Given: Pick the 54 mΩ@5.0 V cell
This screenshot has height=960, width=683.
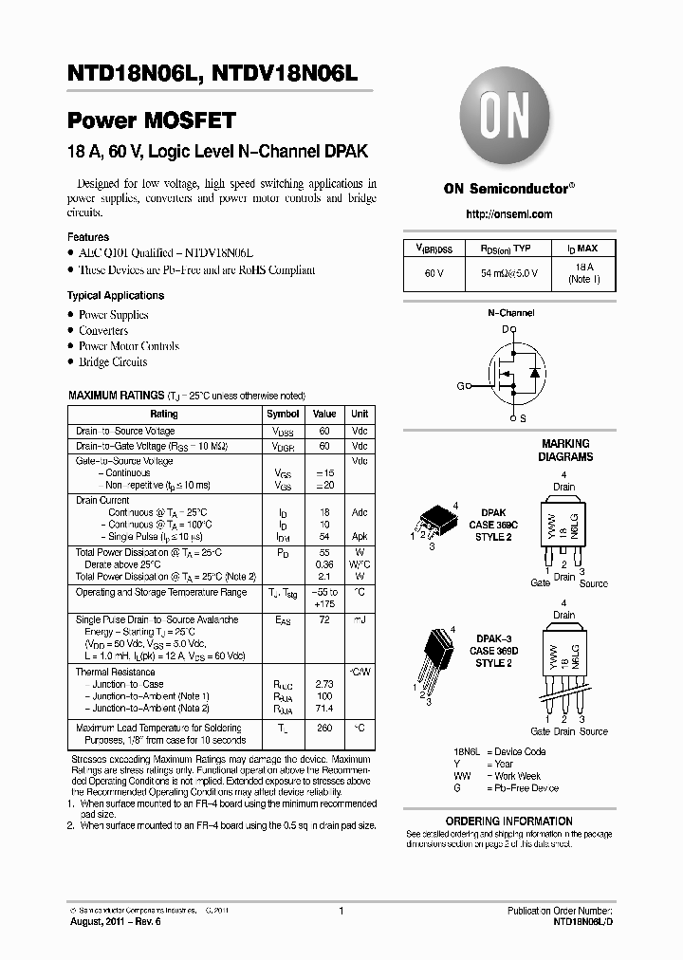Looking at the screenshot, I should pyautogui.click(x=508, y=273).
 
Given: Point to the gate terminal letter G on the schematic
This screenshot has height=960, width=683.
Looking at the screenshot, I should pyautogui.click(x=460, y=387).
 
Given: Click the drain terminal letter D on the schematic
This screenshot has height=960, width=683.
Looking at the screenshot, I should pyautogui.click(x=506, y=328).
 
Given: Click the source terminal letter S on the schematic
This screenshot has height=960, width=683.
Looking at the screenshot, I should pyautogui.click(x=524, y=418).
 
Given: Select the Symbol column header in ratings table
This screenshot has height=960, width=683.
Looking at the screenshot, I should pyautogui.click(x=283, y=415).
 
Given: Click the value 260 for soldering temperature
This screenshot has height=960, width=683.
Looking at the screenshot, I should pyautogui.click(x=324, y=729).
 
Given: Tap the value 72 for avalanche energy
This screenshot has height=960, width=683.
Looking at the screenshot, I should pyautogui.click(x=324, y=619).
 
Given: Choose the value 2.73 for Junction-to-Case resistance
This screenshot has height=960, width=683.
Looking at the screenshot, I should pyautogui.click(x=324, y=684).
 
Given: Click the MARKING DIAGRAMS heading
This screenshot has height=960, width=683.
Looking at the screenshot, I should pyautogui.click(x=565, y=450).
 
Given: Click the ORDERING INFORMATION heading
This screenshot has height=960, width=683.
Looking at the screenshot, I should pyautogui.click(x=508, y=822).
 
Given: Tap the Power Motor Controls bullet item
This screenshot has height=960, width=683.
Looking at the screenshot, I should pyautogui.click(x=129, y=346).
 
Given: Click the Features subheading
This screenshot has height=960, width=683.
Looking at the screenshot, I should pyautogui.click(x=88, y=237).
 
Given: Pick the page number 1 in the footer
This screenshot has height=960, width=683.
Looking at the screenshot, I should pyautogui.click(x=341, y=911).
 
